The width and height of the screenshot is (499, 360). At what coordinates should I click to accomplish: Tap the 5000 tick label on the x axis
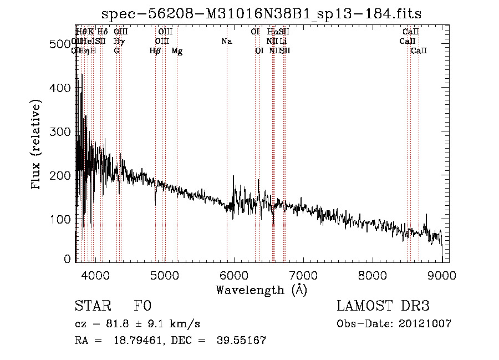point(164,276)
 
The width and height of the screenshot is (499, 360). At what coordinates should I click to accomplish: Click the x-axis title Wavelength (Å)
point(261,290)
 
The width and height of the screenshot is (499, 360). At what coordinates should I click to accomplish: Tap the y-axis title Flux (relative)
point(37,145)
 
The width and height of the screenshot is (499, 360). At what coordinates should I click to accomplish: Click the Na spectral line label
point(226,42)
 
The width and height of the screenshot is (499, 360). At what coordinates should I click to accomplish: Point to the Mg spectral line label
point(177,51)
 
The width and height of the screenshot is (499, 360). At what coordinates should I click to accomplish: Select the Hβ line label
point(155,51)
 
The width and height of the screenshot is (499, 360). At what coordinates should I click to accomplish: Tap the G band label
point(116,51)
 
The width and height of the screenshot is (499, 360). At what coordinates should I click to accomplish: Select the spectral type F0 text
point(142,307)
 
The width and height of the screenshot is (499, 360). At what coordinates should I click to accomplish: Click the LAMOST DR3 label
point(383,307)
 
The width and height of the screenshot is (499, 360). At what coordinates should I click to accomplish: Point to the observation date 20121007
point(425,324)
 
